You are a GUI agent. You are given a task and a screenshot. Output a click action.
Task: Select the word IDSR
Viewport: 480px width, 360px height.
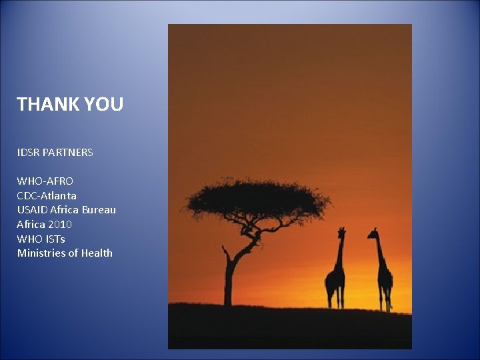click(28, 153)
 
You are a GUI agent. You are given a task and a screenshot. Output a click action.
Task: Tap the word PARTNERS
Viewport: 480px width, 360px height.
click(68, 153)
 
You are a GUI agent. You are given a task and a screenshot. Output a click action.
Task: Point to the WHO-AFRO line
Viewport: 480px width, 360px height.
click(45, 181)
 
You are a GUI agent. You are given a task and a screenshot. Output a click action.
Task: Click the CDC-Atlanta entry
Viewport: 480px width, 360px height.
click(47, 195)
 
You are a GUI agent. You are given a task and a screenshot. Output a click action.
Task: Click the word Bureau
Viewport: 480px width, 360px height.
click(99, 210)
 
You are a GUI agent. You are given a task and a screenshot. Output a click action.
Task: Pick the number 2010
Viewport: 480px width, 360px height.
click(61, 225)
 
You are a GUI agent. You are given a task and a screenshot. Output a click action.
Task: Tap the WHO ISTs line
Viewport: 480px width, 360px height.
click(41, 239)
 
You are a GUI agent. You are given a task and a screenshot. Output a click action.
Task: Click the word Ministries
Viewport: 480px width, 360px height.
click(40, 253)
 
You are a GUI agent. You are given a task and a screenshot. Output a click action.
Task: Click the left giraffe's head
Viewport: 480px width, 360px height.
click(342, 231)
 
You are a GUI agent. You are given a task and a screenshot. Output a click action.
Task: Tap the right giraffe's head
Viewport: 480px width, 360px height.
click(373, 233)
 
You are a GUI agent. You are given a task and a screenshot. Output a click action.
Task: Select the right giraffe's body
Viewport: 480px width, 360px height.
click(385, 276)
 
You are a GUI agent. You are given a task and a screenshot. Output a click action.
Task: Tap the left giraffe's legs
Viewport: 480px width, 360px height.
click(335, 297)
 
